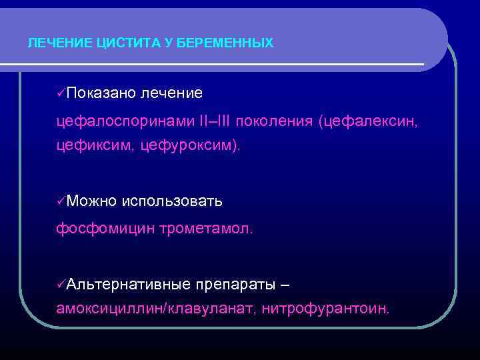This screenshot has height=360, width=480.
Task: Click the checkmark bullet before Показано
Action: (61, 91)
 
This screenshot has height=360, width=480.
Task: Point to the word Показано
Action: (101, 91)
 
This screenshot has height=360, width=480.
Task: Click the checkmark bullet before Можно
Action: (61, 201)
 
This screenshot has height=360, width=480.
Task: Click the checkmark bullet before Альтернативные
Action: (61, 285)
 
